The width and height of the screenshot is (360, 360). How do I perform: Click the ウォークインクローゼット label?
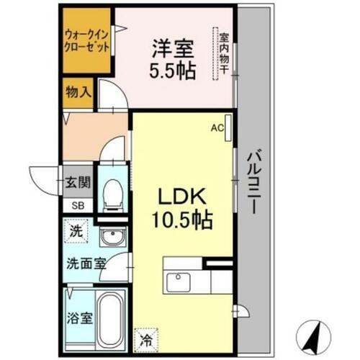(86, 39)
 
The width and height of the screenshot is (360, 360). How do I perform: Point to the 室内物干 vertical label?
(224, 53)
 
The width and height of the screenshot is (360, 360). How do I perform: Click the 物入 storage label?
(77, 93)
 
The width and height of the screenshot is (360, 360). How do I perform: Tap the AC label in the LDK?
(217, 129)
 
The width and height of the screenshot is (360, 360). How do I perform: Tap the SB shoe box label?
(77, 205)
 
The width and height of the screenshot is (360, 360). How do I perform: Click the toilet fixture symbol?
(112, 192)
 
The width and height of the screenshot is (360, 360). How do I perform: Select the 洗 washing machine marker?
(76, 231)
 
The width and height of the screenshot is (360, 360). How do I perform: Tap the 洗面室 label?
(84, 264)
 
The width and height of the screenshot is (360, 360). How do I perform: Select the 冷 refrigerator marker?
(146, 336)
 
